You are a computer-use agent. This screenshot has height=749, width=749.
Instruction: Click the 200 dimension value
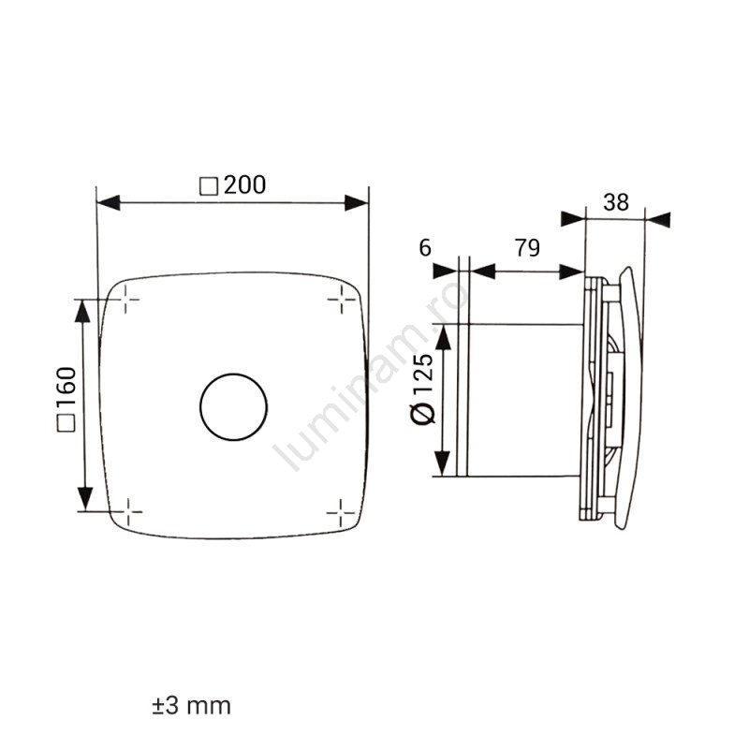[245, 184]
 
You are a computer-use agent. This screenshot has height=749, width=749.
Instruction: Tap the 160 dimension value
[66, 386]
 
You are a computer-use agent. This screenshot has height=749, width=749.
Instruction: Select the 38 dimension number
[616, 202]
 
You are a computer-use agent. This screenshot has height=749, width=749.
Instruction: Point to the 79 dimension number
[527, 248]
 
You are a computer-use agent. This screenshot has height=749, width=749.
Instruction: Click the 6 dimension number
[425, 248]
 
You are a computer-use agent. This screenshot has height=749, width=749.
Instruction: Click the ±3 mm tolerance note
[192, 706]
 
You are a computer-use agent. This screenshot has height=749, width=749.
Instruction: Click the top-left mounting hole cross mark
[125, 300]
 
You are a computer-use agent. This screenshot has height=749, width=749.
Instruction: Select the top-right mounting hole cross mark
[342, 300]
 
